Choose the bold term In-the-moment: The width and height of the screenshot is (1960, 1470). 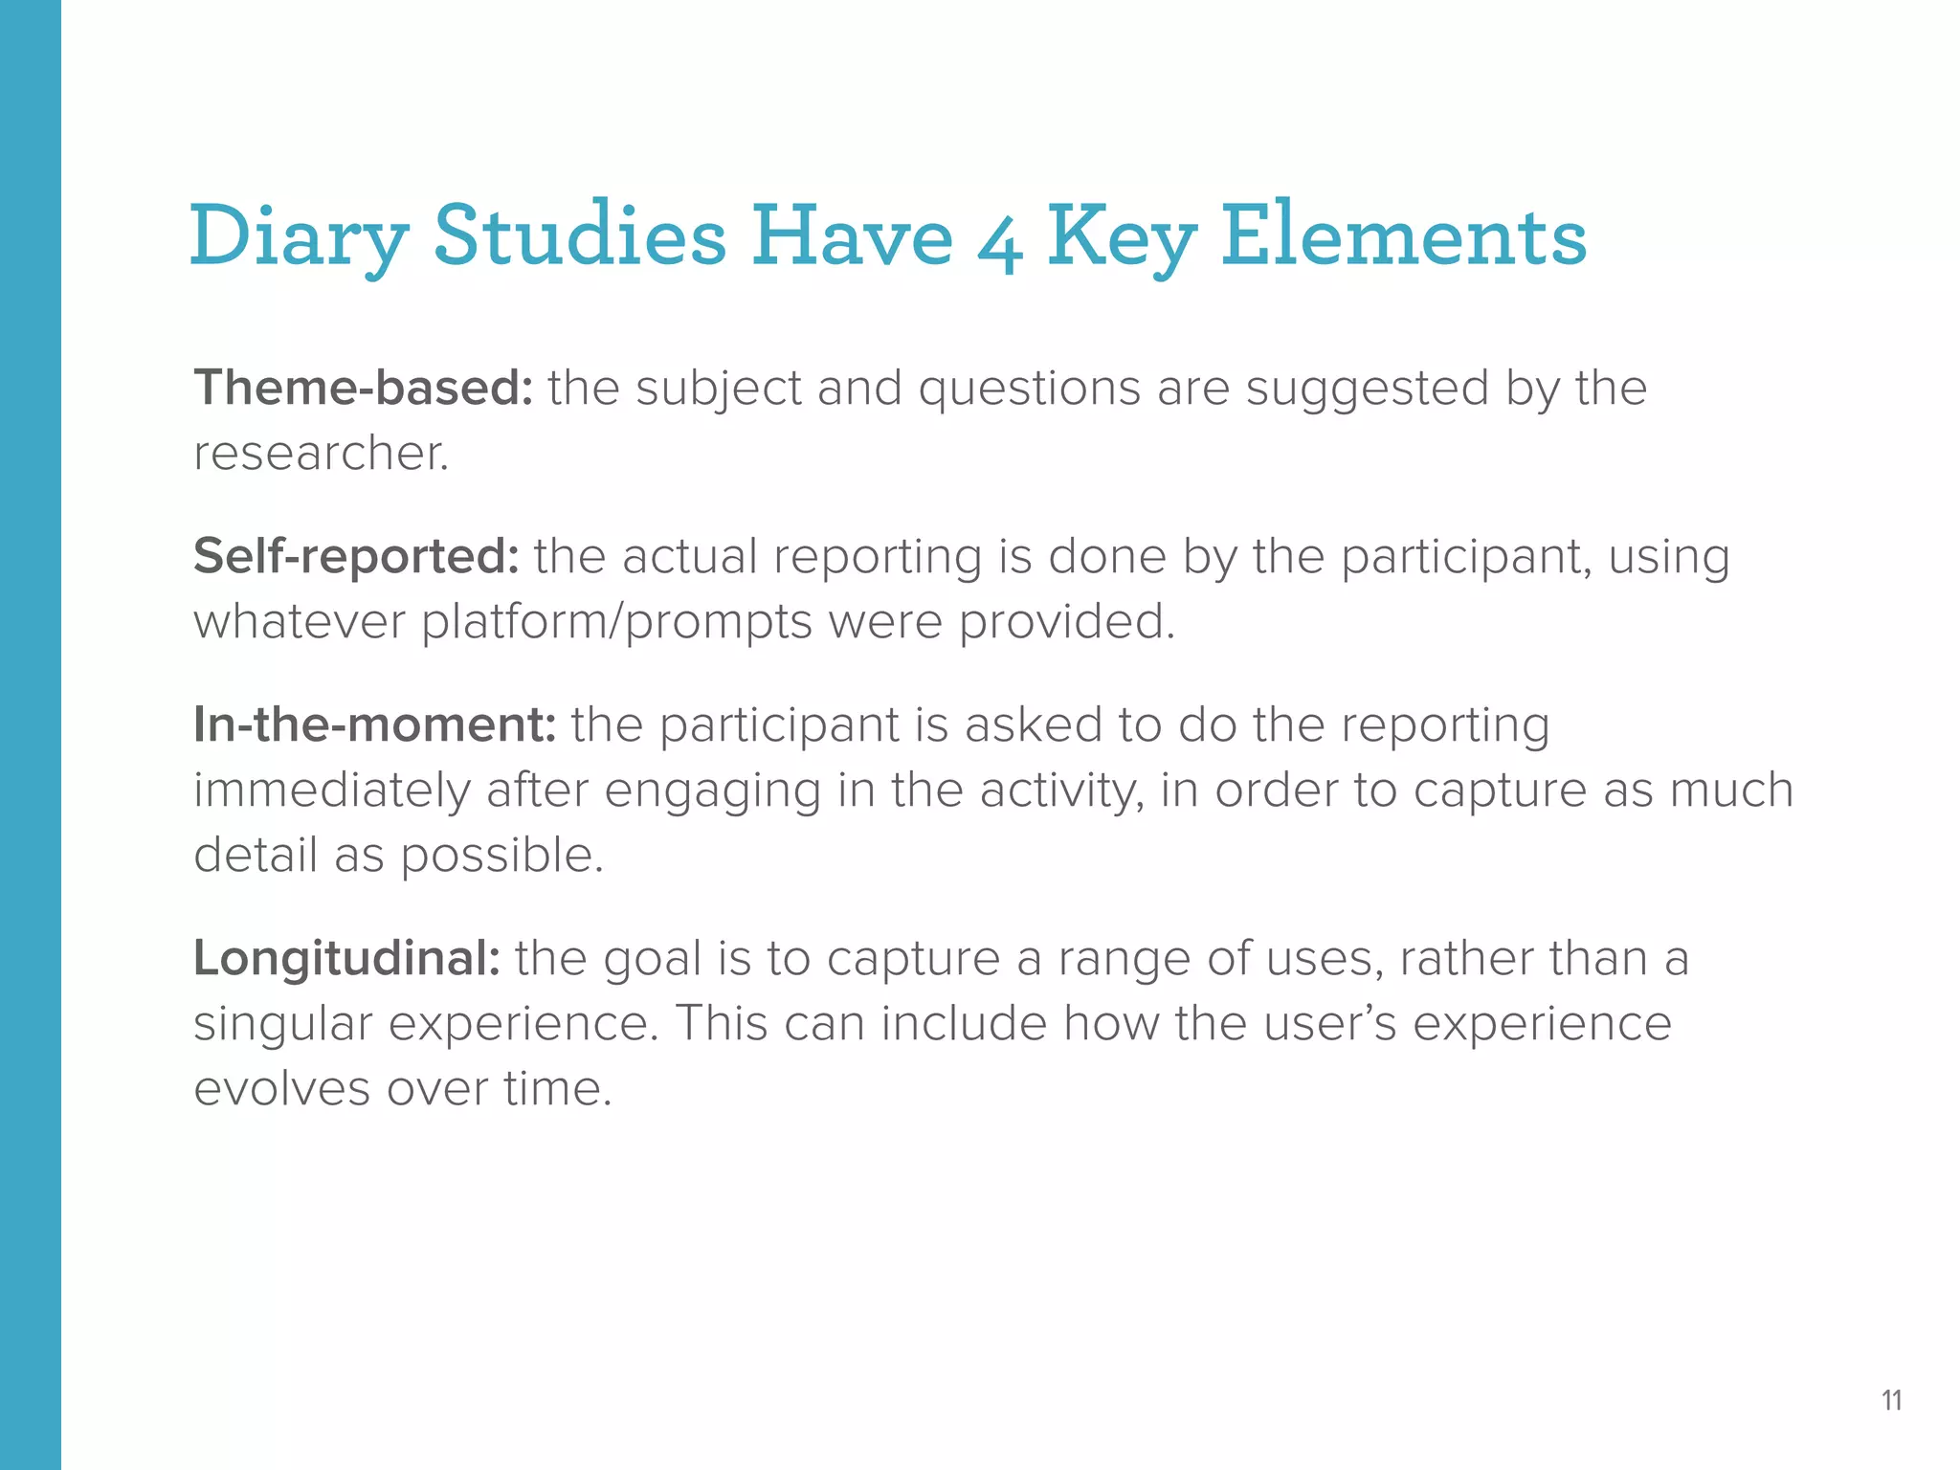pyautogui.click(x=374, y=724)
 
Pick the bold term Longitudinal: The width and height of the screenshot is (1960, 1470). pyautogui.click(x=346, y=958)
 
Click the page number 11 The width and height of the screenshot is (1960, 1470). pyautogui.click(x=1891, y=1400)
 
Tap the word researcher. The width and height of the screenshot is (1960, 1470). pyautogui.click(x=321, y=454)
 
